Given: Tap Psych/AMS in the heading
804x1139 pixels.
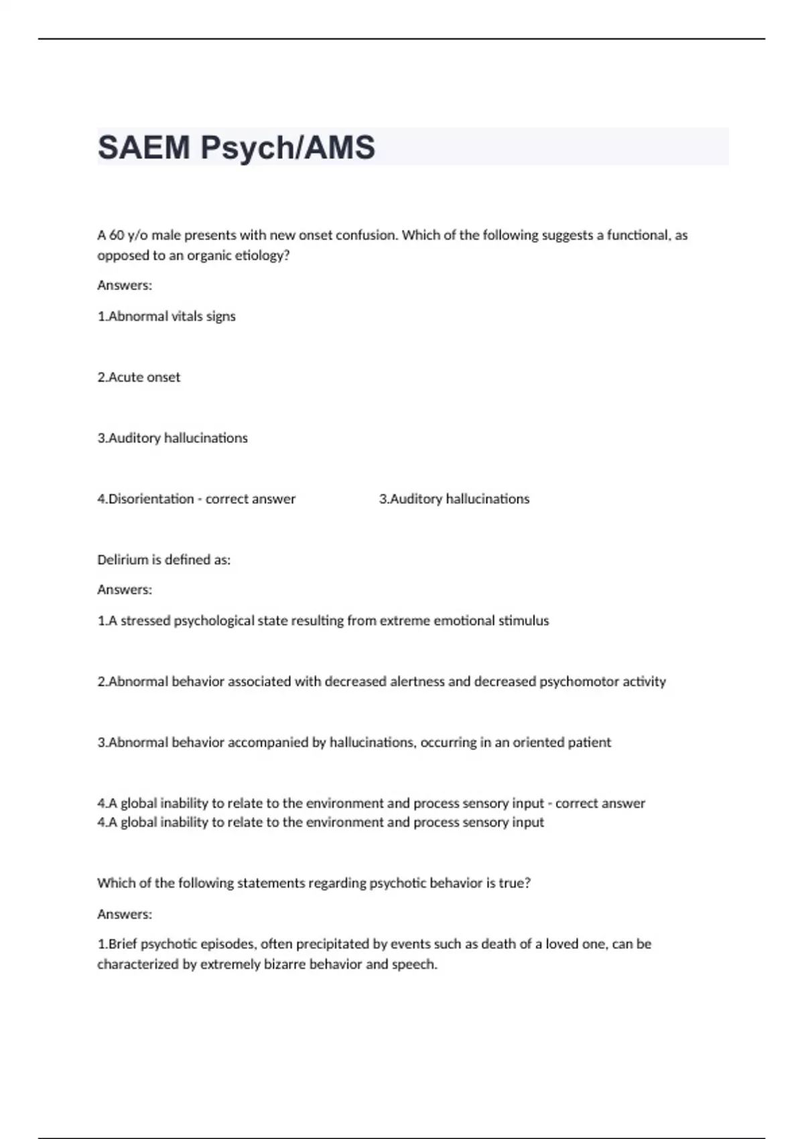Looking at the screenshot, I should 287,147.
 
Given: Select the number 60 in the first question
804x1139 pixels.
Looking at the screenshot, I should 117,235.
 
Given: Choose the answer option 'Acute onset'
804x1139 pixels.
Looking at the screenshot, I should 139,377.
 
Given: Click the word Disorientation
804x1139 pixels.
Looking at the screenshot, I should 151,499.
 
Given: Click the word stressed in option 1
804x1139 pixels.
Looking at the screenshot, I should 145,621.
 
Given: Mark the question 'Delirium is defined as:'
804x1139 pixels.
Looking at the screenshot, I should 163,560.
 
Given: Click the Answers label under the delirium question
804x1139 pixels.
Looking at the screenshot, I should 125,590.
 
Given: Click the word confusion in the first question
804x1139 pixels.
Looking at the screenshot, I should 366,235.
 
